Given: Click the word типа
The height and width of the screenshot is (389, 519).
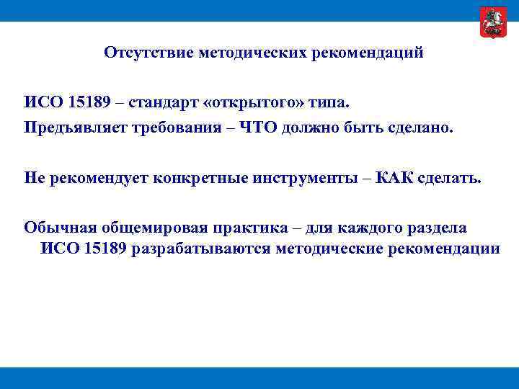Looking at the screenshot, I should [329, 102].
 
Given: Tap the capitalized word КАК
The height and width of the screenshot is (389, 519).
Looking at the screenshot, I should [395, 178].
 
